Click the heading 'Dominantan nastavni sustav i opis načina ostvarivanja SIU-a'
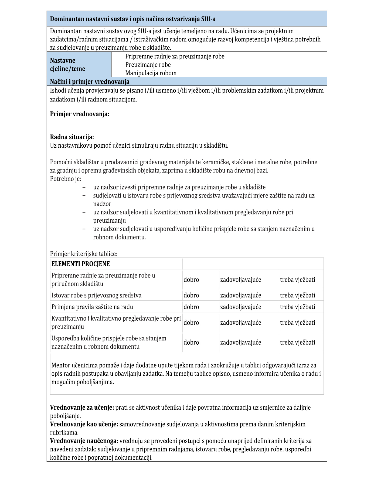point(132,19)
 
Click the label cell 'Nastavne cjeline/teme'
point(67,65)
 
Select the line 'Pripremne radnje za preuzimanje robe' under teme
point(175,56)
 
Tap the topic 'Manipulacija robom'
point(151,73)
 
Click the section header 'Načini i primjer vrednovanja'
point(90,82)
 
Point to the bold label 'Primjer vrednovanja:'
point(80,114)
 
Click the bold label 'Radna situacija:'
point(72,137)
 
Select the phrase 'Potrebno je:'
point(66,179)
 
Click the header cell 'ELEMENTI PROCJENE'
point(80,264)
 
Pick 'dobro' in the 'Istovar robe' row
point(191,295)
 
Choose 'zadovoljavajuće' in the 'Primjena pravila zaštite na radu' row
point(240,307)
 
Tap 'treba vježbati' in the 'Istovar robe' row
point(297,295)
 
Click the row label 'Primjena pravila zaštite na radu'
point(92,307)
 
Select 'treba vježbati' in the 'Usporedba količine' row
point(297,342)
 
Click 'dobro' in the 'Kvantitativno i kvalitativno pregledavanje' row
point(191,323)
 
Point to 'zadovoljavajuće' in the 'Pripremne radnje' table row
point(240,280)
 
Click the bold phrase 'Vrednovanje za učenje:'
point(82,408)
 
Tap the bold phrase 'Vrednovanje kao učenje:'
point(84,424)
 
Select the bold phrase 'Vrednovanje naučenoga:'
point(84,441)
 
